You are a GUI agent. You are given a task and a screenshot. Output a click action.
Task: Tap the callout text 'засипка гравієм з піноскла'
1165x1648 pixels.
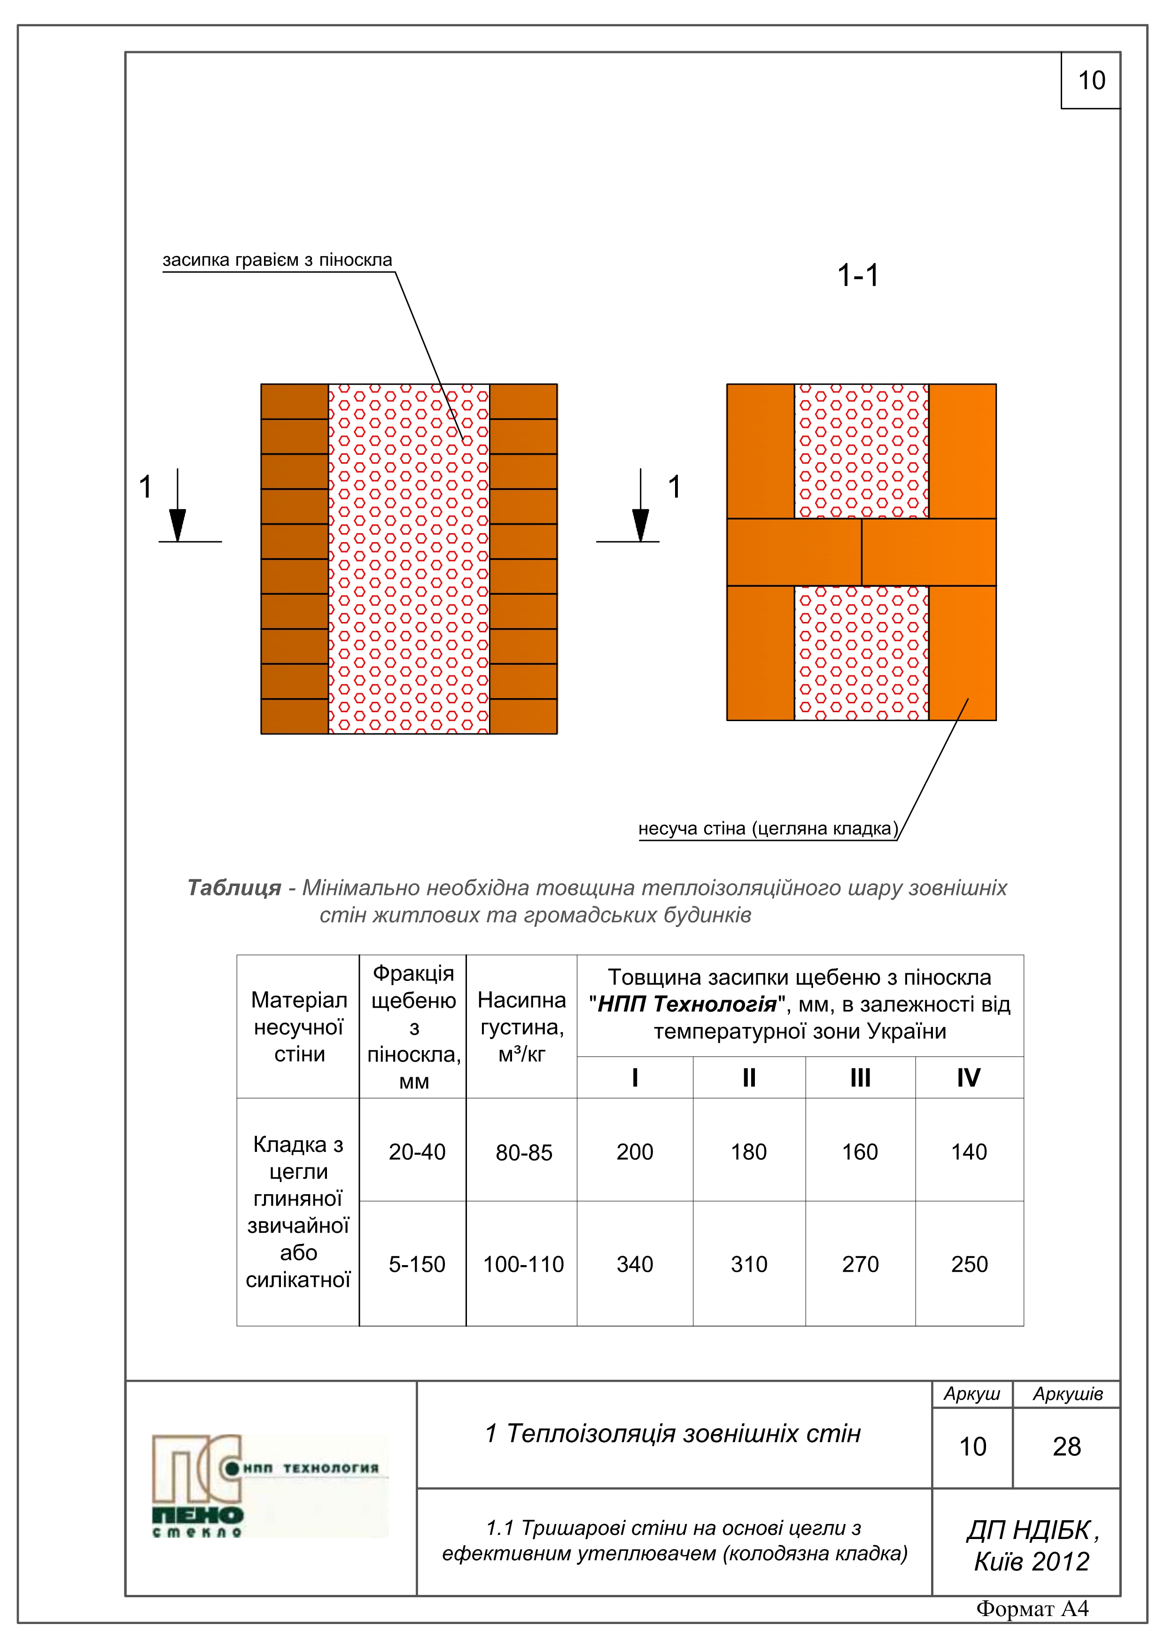point(277,260)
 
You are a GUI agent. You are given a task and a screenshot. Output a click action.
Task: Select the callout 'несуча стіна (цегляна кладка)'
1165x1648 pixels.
point(768,829)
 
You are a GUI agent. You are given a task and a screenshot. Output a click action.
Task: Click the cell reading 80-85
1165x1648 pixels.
point(523,1153)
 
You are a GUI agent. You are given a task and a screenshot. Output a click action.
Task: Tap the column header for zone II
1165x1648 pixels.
point(749,1078)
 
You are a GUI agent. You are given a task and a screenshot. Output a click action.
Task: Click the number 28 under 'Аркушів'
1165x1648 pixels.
point(1067,1446)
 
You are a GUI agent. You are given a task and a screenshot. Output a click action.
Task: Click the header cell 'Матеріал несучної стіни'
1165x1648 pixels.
point(299,1026)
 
